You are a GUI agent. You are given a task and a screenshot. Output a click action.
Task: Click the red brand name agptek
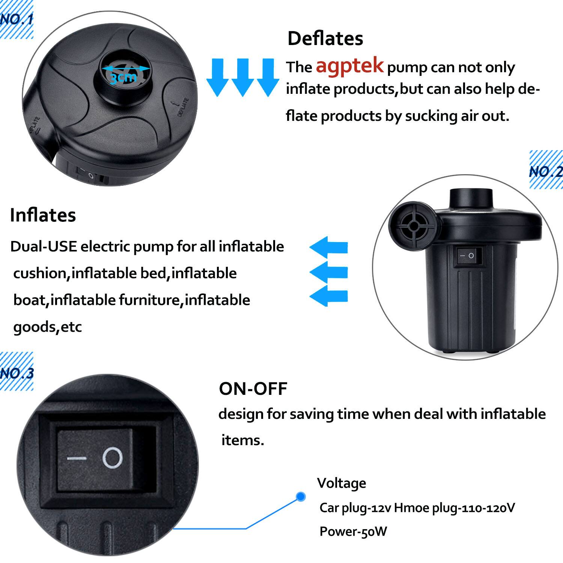(x=349, y=66)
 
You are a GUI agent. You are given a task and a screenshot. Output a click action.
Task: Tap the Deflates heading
(x=325, y=38)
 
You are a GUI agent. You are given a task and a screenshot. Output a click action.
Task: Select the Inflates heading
(x=43, y=215)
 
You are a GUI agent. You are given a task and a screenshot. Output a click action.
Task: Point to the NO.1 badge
(x=17, y=20)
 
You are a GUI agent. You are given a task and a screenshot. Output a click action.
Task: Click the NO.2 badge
(x=546, y=171)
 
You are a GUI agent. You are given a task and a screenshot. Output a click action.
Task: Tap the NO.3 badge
(x=17, y=372)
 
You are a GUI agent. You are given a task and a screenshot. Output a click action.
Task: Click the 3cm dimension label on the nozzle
(x=123, y=77)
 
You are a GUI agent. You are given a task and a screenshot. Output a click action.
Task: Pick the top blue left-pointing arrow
(x=328, y=247)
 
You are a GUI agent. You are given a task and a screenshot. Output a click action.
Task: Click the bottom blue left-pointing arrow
(x=328, y=296)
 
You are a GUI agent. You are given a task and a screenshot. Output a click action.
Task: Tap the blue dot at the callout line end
(x=300, y=497)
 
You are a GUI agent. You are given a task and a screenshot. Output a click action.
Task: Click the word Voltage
(x=341, y=483)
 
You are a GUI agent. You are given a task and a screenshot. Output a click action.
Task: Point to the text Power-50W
(x=353, y=531)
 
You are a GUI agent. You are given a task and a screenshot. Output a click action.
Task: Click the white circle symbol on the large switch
(x=113, y=458)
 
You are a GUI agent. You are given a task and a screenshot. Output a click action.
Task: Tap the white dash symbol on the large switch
(x=77, y=459)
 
